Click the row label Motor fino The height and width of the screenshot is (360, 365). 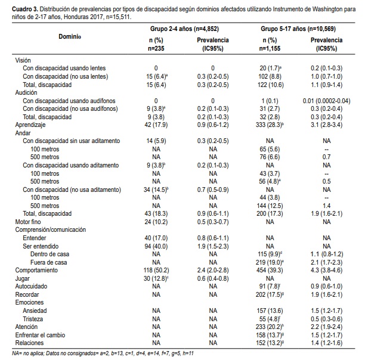pos(28,222)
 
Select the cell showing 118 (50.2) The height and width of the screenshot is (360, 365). pos(156,270)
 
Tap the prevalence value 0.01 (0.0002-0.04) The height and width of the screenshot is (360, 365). pos(327,101)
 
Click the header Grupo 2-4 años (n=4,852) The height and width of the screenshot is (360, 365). pos(184,29)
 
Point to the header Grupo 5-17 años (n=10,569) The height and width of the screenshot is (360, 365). pos(298,29)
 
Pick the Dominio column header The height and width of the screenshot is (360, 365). pos(70,36)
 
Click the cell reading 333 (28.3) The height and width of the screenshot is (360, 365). pos(270,125)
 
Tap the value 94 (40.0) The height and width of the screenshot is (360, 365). pos(156,246)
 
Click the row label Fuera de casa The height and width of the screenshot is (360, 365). pos(49,262)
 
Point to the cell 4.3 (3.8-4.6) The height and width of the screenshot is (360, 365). pos(327,270)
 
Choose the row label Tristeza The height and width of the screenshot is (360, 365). pos(33,319)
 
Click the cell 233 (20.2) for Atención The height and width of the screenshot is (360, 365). pos(270,327)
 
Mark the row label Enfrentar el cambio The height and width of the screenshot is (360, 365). pos(40,335)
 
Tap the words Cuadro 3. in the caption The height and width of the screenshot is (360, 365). pos(25,10)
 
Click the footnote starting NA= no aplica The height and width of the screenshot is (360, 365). pos(103,353)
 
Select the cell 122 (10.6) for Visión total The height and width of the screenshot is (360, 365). pos(271,85)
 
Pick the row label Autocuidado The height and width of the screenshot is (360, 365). pos(31,286)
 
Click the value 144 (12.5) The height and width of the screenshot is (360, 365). pos(270,206)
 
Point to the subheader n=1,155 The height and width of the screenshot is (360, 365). pos(270,49)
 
